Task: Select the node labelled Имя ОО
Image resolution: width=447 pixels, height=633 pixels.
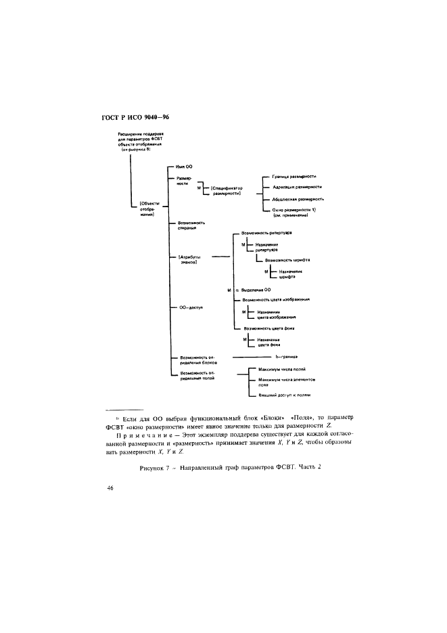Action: (185, 167)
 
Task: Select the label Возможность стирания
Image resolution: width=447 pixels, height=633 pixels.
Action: (190, 225)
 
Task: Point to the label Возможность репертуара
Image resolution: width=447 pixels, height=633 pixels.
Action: (270, 232)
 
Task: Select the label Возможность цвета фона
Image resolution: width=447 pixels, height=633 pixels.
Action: (273, 328)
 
